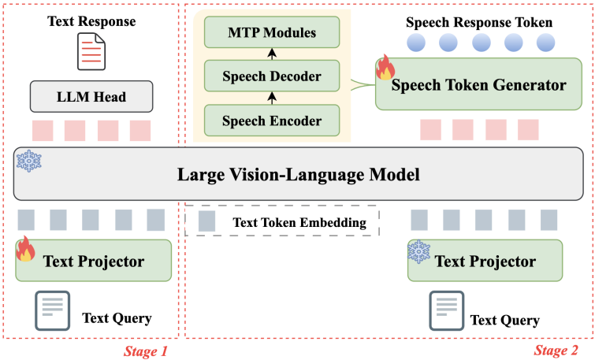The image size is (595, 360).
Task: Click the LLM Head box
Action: coord(91,97)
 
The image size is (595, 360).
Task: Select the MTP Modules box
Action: coord(272,32)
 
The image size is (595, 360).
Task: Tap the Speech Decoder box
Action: coord(272,76)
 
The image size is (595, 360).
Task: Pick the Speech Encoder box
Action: coord(272,121)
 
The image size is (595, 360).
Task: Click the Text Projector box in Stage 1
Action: coord(93,261)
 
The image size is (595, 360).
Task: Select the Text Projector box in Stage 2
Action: coord(485,261)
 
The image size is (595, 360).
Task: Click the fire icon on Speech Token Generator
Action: coord(385,69)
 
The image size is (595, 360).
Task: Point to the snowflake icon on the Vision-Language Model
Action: coord(29,162)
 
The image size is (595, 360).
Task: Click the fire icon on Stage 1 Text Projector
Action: coord(26,250)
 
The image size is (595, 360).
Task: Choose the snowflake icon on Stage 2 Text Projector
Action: coord(418,251)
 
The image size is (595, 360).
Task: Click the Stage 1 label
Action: coord(145,351)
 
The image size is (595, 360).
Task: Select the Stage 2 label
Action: coord(556,351)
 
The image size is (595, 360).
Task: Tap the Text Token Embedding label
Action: coord(299,222)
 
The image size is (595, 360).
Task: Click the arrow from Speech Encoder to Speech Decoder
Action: coord(272,98)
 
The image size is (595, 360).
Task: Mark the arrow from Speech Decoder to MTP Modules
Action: coord(272,54)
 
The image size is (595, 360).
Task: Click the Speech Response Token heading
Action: coord(479,21)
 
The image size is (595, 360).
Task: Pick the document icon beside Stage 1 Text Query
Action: coord(52,311)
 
